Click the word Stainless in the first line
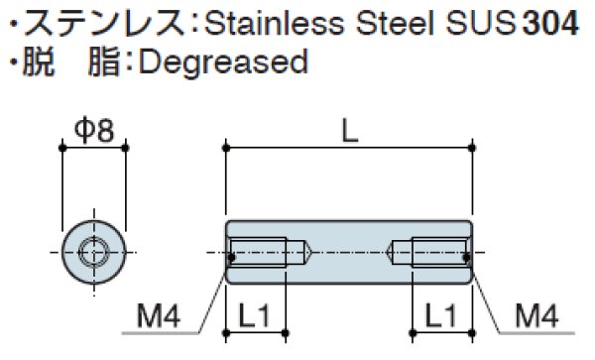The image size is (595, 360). pos(274,24)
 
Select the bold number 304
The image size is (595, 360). pos(550,24)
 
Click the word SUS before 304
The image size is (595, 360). pos(481,24)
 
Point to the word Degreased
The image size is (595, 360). pos(223,62)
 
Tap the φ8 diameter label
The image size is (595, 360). pos(94,131)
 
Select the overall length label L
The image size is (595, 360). pos(350,131)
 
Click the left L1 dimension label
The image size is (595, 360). pos(254,315)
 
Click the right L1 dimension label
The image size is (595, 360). pos(440,315)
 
